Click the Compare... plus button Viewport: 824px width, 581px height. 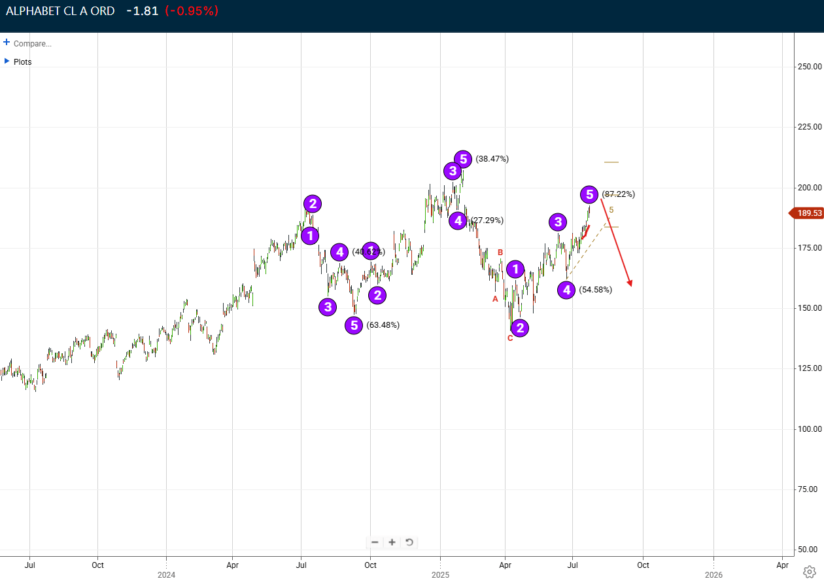pyautogui.click(x=7, y=43)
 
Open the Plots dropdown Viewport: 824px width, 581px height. pyautogui.click(x=7, y=61)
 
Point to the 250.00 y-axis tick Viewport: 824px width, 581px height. pyautogui.click(x=809, y=67)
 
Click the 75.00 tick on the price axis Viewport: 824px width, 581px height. pyautogui.click(x=809, y=489)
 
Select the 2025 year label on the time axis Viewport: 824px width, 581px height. pyautogui.click(x=440, y=575)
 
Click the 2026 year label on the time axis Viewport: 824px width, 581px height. pyautogui.click(x=713, y=575)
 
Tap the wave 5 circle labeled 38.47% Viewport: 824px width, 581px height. pyautogui.click(x=463, y=159)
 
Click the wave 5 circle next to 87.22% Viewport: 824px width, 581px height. pyautogui.click(x=590, y=194)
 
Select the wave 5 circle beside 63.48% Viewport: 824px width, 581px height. pyautogui.click(x=354, y=325)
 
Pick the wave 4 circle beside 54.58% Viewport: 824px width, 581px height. pyautogui.click(x=566, y=290)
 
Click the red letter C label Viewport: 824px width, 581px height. pyautogui.click(x=510, y=338)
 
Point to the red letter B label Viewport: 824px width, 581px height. pyautogui.click(x=500, y=253)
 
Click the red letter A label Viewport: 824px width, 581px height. pyautogui.click(x=495, y=299)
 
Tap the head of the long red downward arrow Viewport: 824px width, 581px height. pyautogui.click(x=630, y=284)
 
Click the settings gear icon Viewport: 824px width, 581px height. pyautogui.click(x=809, y=571)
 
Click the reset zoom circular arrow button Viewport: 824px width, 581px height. pyautogui.click(x=409, y=542)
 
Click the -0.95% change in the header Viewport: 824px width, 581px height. pyautogui.click(x=192, y=10)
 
